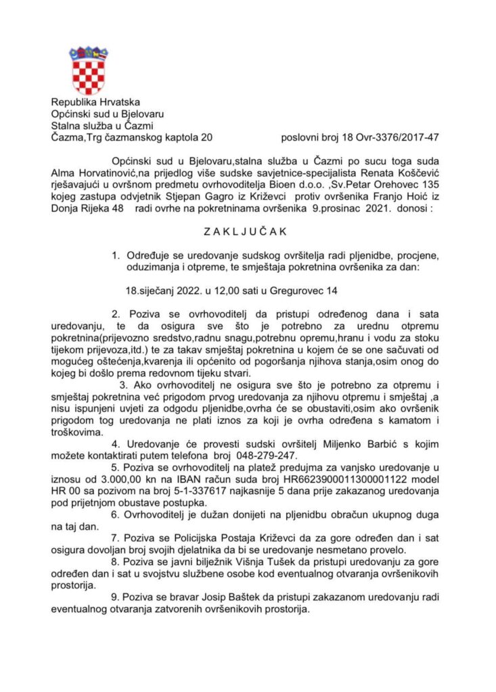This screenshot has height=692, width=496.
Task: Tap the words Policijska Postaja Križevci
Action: point(235,538)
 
